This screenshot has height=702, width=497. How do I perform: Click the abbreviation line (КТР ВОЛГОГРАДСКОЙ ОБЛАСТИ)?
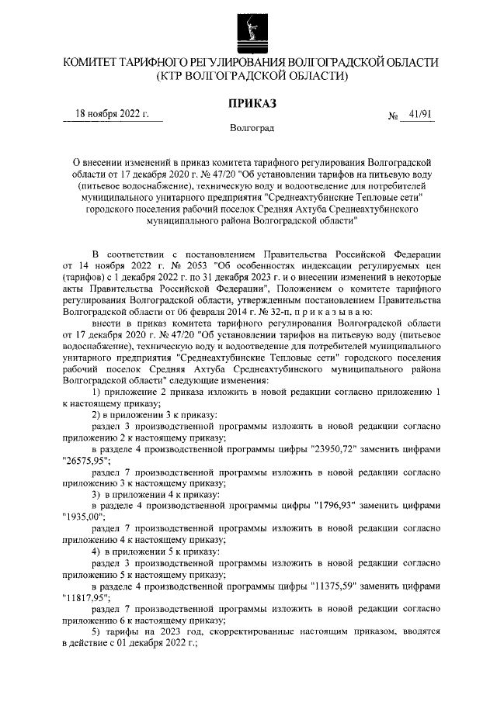click(x=248, y=75)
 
